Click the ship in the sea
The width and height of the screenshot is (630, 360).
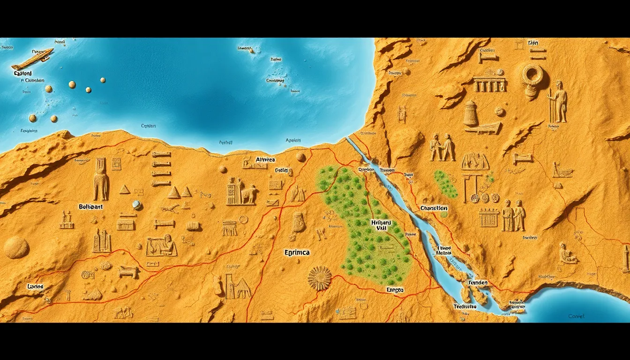pyautogui.click(x=31, y=60)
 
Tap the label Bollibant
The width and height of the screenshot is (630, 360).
pyautogui.click(x=91, y=206)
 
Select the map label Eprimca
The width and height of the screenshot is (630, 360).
pyautogui.click(x=297, y=253)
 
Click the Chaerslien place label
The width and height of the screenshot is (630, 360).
pyautogui.click(x=434, y=208)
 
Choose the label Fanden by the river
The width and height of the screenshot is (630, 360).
pyautogui.click(x=478, y=283)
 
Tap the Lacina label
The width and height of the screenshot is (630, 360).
pyautogui.click(x=35, y=286)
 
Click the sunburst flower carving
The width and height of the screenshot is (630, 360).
pyautogui.click(x=320, y=278)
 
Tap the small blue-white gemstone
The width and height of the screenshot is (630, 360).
pyautogui.click(x=136, y=204)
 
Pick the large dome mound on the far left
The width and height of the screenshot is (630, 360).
pyautogui.click(x=16, y=247)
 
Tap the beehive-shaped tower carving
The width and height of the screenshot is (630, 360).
pyautogui.click(x=470, y=113)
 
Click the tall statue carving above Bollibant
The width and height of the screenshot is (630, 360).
pyautogui.click(x=100, y=179)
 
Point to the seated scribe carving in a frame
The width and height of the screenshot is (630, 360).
pyautogui.click(x=161, y=245)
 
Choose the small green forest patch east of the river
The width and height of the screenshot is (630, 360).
pyautogui.click(x=445, y=183)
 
